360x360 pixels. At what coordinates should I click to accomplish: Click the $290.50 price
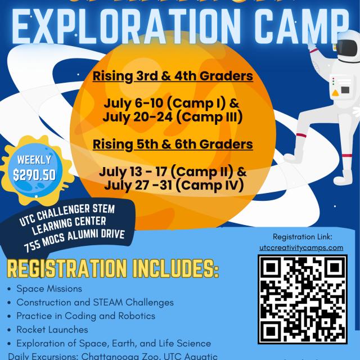click(x=34, y=174)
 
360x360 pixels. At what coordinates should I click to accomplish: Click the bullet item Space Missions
click(x=49, y=289)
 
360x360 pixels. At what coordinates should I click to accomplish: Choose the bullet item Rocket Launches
click(x=52, y=329)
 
